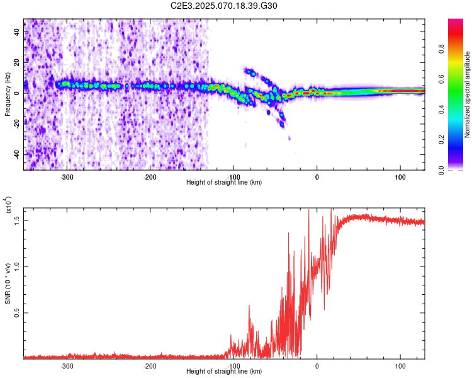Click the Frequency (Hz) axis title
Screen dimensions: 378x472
pos(8,94)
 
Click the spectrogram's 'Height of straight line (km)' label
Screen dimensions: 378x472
pos(224,183)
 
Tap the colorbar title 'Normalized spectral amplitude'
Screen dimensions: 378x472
pos(468,94)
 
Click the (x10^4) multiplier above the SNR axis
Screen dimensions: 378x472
pos(8,205)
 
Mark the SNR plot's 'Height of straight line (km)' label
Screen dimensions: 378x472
pos(224,372)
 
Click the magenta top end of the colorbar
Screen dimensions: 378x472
pos(456,23)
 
